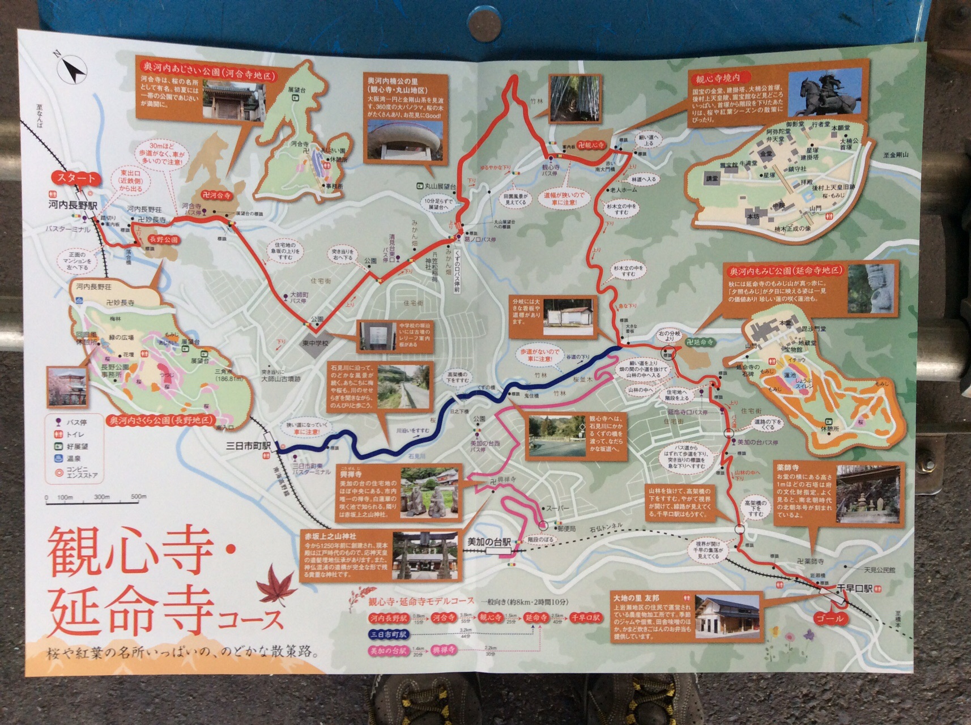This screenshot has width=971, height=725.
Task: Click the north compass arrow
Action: pyautogui.click(x=72, y=69)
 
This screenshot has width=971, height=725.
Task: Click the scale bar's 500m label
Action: pyautogui.click(x=138, y=497)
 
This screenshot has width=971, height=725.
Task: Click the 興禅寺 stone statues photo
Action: pyautogui.click(x=429, y=492)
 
